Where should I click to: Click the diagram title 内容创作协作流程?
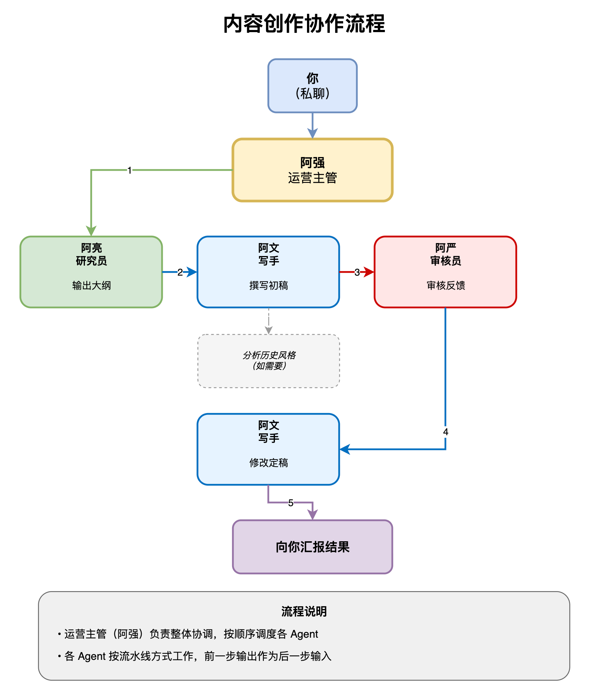[304, 24]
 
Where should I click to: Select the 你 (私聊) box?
[312, 86]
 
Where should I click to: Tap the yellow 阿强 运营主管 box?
[312, 170]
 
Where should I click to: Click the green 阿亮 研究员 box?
[91, 272]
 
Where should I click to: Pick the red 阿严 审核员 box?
[445, 272]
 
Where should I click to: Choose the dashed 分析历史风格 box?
[269, 361]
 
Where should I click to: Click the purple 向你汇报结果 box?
[312, 547]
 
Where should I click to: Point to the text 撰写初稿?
[269, 285]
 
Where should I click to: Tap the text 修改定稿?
[269, 463]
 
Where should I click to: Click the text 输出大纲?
[92, 285]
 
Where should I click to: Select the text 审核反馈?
[446, 285]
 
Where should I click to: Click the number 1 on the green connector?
[130, 170]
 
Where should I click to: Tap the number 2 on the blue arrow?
[180, 272]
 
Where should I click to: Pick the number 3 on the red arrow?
[357, 272]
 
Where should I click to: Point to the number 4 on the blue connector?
[445, 432]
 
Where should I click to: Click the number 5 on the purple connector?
[291, 503]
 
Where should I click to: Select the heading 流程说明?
[304, 611]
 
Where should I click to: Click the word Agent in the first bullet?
[304, 634]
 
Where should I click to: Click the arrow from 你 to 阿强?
[313, 126]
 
